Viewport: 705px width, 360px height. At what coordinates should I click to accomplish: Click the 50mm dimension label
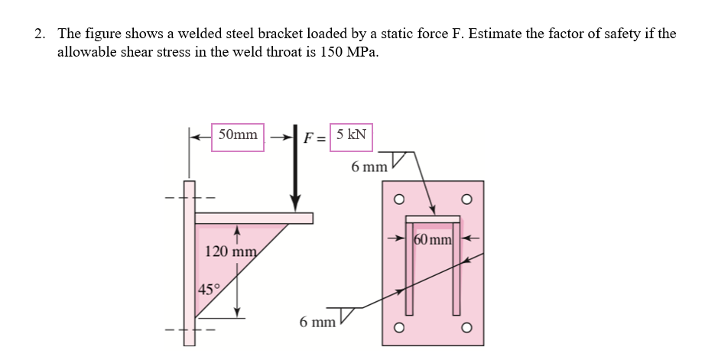click(238, 136)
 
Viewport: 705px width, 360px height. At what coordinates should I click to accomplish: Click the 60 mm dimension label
click(434, 239)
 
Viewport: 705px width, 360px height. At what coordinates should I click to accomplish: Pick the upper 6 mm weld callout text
click(369, 166)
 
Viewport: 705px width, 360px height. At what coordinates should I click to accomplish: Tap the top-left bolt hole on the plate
click(397, 202)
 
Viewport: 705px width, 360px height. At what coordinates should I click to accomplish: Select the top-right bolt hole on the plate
click(466, 202)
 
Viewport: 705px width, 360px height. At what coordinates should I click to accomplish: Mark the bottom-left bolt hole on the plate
click(397, 329)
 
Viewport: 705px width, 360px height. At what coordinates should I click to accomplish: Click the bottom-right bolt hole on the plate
click(466, 329)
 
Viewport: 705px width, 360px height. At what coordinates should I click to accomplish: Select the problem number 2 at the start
click(39, 34)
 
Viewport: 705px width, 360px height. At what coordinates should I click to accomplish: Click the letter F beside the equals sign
click(310, 138)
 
